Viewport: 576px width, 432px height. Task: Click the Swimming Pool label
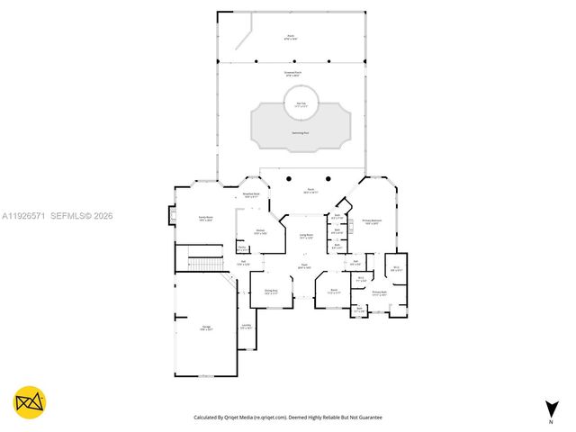[x=298, y=132]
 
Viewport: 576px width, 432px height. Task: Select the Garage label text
[x=206, y=328]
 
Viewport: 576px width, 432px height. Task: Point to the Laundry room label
[x=246, y=327]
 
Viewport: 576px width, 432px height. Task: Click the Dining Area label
[x=271, y=292]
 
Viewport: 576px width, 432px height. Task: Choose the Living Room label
[x=306, y=237]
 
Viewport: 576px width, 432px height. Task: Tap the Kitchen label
[x=260, y=232]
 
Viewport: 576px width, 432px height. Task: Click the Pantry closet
[x=243, y=248]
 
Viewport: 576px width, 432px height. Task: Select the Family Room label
[x=205, y=218]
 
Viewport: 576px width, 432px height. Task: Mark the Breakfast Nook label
[x=251, y=195]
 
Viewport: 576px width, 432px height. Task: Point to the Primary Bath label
[x=379, y=292]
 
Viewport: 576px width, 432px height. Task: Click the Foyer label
[x=304, y=267]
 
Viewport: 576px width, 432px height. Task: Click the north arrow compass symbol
[x=551, y=409]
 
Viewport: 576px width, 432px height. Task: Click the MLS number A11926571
[x=22, y=216]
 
